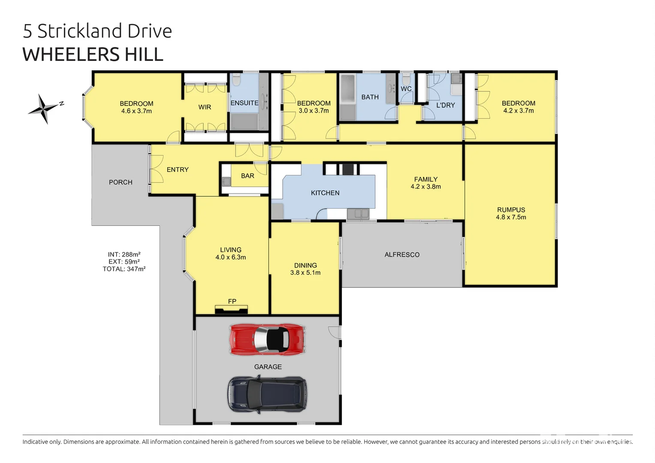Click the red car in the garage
pos(268,339)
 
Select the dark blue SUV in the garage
pos(267,394)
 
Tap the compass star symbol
pos(43,108)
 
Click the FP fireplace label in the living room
pos(232,301)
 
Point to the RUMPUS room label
pos(511,210)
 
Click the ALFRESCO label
pos(402,255)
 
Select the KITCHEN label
pos(325,193)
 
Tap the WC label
pos(406,89)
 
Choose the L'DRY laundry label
pos(445,105)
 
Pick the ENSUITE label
pos(244,103)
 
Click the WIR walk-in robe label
pos(205,107)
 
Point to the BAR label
pos(248,176)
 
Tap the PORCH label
pos(121,182)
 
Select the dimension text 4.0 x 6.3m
pos(231,257)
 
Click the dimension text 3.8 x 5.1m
pos(305,273)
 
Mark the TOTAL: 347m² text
pos(124,269)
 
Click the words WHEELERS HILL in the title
pos(93,54)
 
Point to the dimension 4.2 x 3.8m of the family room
pos(426,186)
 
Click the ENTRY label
pos(178,170)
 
